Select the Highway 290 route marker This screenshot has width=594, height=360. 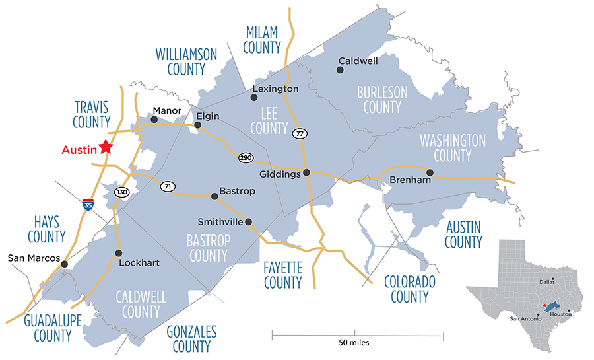(x=245, y=159)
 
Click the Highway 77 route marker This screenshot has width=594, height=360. (x=300, y=133)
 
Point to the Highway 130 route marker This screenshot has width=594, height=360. (x=121, y=192)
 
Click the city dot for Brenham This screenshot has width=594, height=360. (x=430, y=173)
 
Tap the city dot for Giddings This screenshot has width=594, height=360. (x=306, y=173)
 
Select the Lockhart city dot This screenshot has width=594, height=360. (x=119, y=252)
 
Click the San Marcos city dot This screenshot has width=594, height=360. (x=64, y=264)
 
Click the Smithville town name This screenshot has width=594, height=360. (x=220, y=221)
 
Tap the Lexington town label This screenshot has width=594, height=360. (x=276, y=89)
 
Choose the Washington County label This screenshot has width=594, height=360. (x=453, y=148)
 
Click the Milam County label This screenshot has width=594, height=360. (x=263, y=40)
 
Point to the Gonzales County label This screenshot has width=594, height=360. (x=191, y=338)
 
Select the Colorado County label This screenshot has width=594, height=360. (x=410, y=289)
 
